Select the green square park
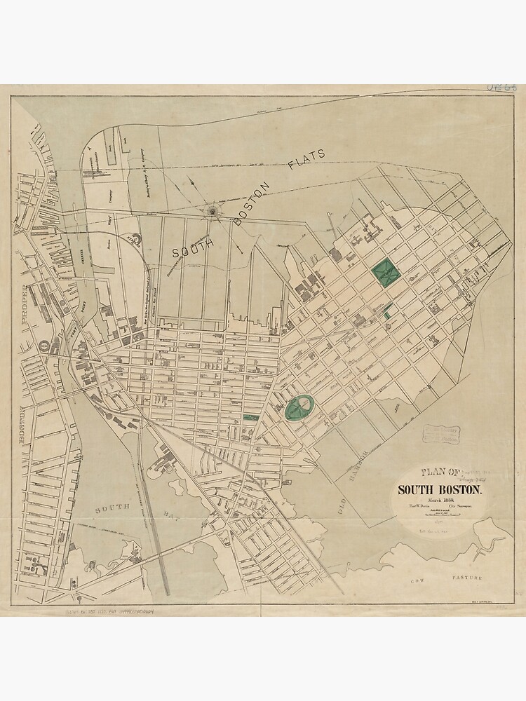384,271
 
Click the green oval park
300,407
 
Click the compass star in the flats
211,209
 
